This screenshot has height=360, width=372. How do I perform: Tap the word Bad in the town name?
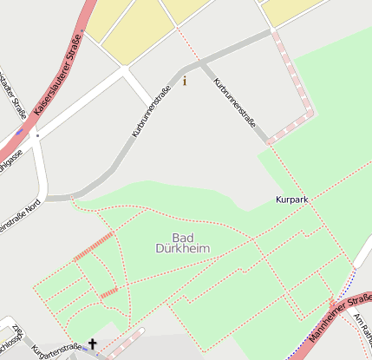pos(182,238)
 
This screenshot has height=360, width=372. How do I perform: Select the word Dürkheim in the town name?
pos(182,249)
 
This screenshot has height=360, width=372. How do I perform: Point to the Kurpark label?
pos(291,200)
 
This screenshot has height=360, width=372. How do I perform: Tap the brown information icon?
pos(184,81)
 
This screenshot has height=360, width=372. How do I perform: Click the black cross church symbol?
pos(92,345)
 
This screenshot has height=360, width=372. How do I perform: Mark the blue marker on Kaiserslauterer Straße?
pos(18,133)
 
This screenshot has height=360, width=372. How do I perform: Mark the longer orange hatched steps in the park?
pos(94,246)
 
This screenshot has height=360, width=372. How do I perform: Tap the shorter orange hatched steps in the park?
pos(108,293)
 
